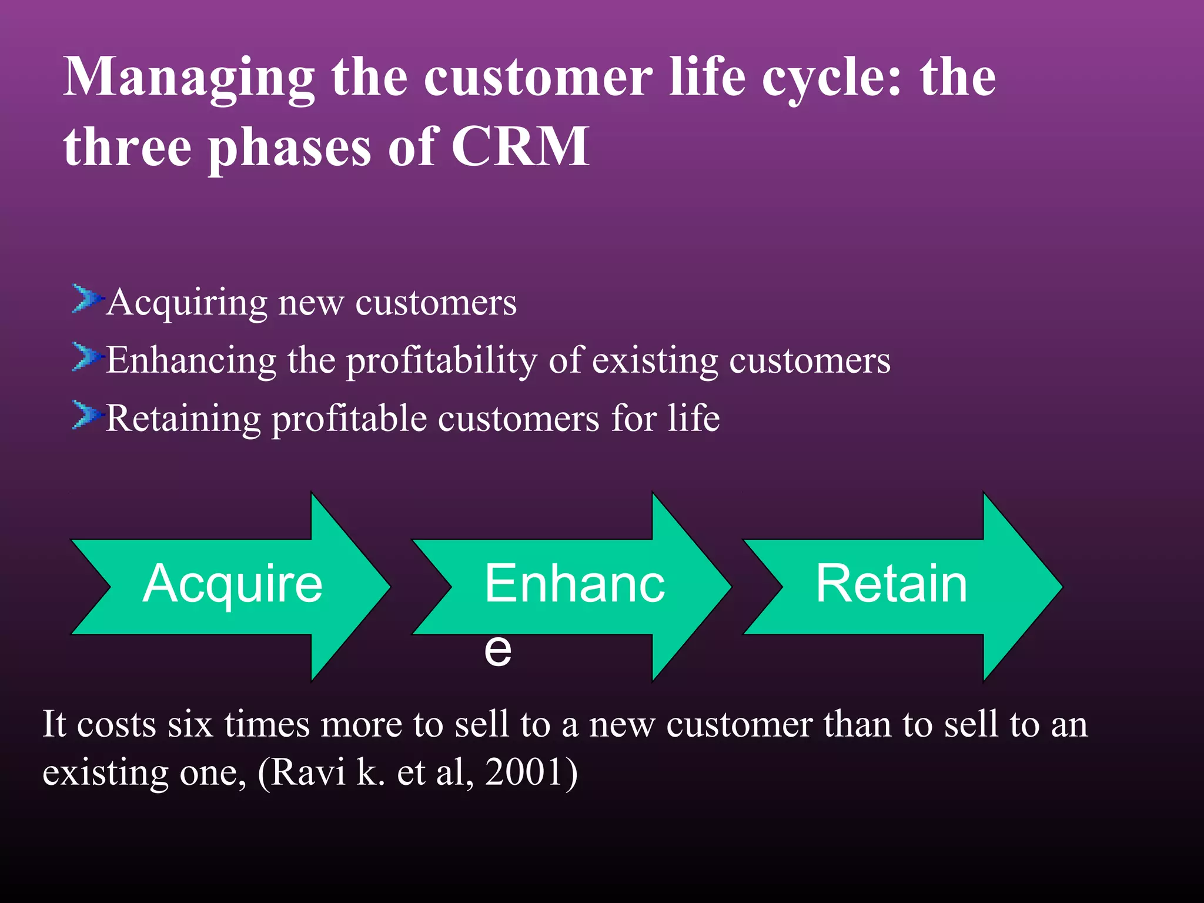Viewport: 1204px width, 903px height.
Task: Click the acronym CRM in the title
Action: pyautogui.click(x=520, y=147)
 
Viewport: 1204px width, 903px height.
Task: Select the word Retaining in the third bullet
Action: pyautogui.click(x=183, y=419)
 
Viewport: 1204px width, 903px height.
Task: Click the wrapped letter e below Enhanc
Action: pyautogui.click(x=497, y=650)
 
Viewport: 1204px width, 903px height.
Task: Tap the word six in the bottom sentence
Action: pyautogui.click(x=189, y=724)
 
